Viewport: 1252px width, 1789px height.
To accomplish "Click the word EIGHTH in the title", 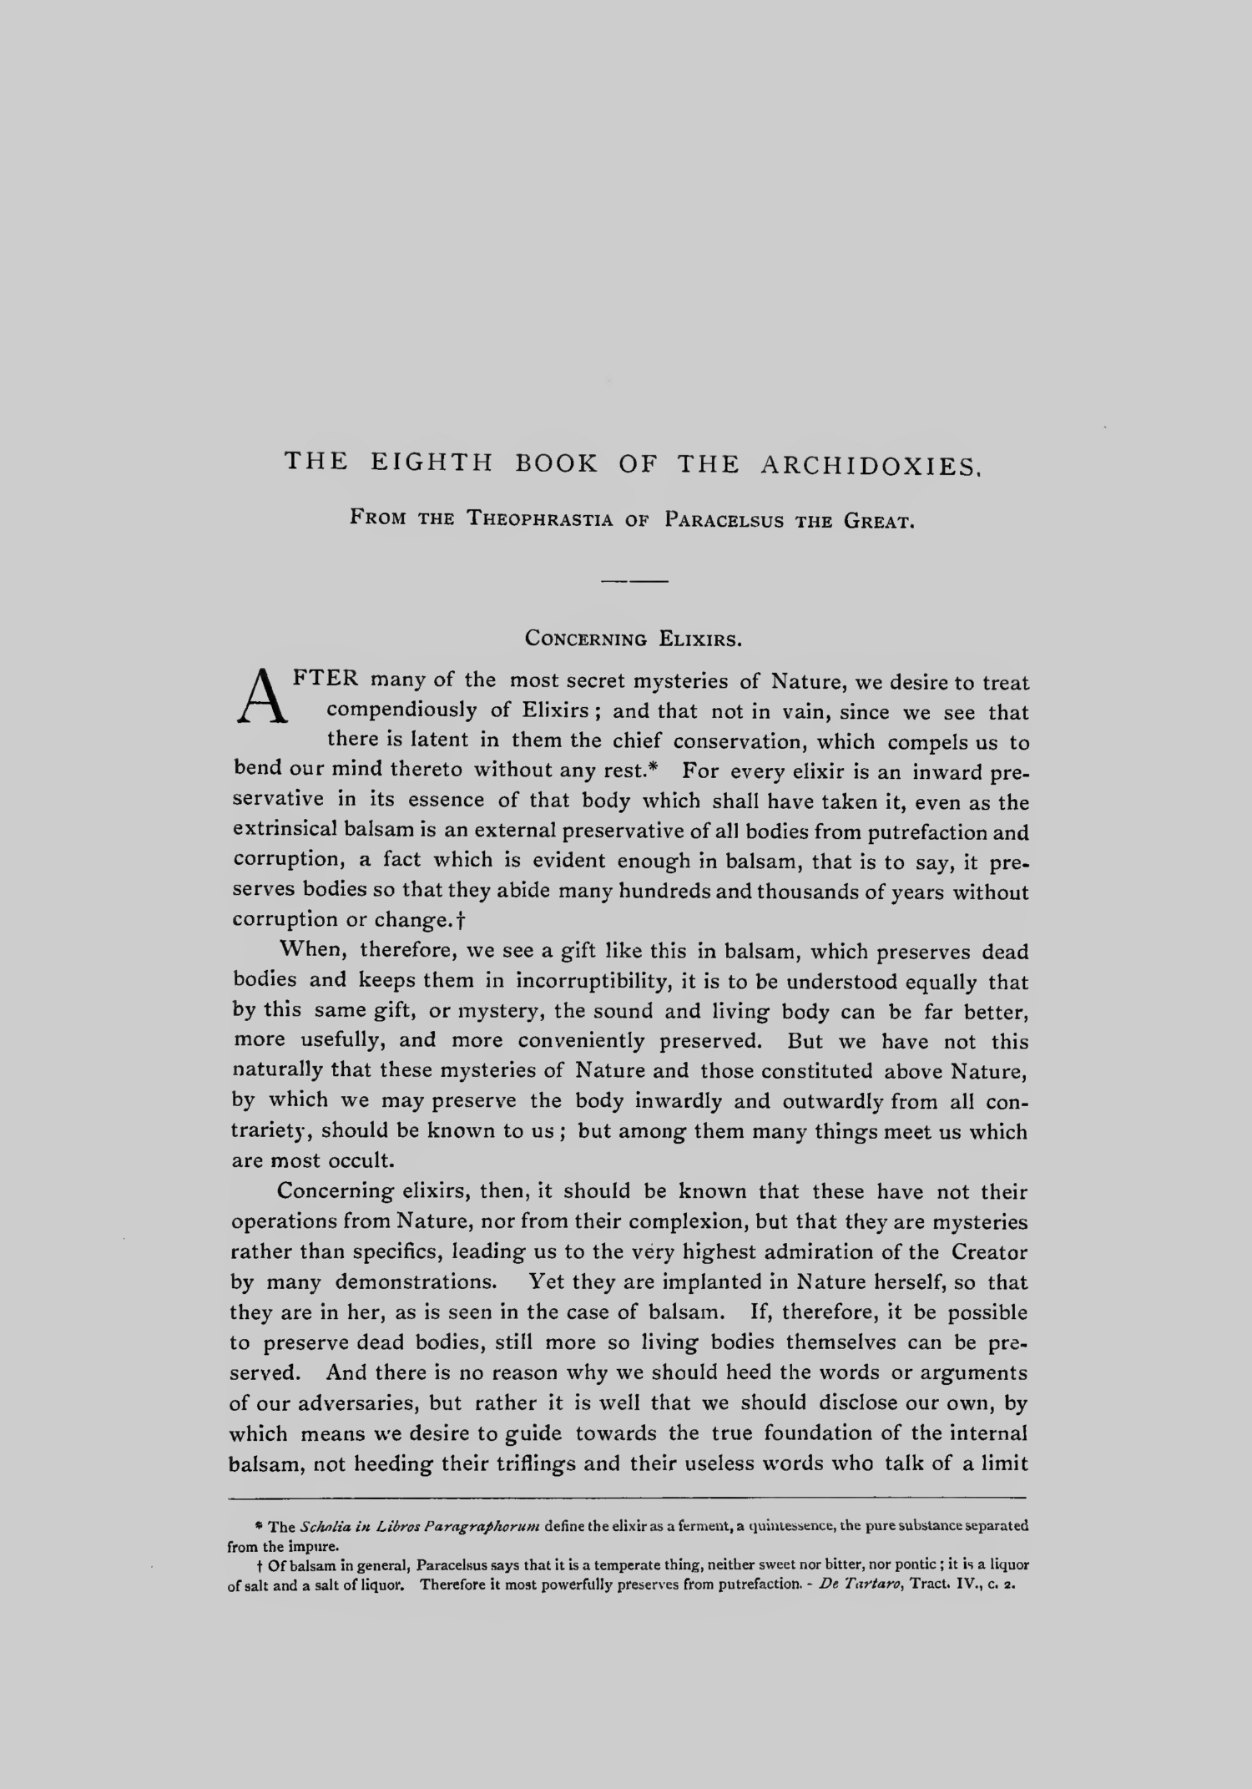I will click(x=432, y=463).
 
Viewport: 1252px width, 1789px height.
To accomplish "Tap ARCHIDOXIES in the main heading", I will click(x=868, y=465).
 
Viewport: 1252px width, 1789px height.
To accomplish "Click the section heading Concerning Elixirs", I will click(x=634, y=640).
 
